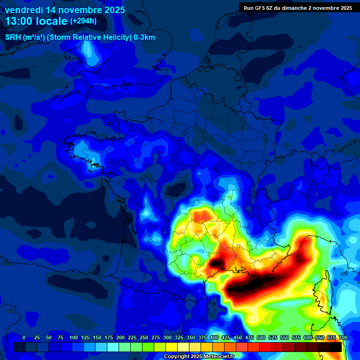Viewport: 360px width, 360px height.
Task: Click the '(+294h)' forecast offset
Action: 83,21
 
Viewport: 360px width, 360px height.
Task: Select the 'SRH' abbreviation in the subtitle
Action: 13,37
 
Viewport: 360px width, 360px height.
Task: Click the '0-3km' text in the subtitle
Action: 144,37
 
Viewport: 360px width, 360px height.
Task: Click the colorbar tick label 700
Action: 343,337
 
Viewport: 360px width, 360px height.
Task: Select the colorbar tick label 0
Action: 24,337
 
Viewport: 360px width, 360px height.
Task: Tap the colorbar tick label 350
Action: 191,337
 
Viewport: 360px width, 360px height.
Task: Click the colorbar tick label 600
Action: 308,337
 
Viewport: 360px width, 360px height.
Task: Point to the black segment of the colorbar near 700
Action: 335,347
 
